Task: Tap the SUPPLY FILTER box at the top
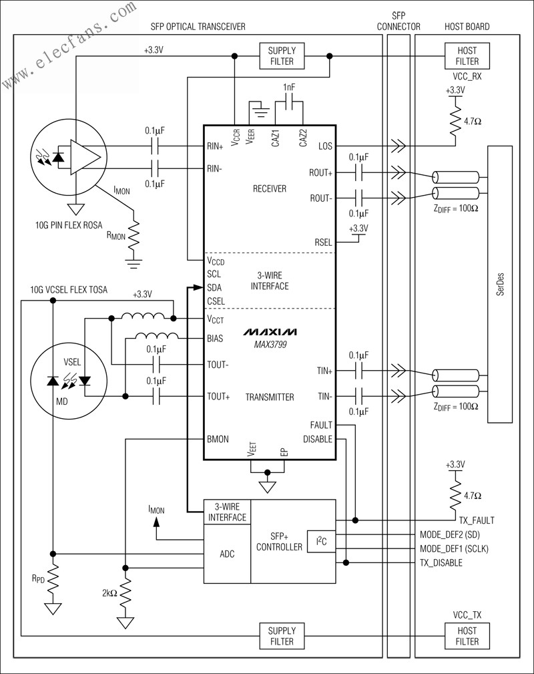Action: click(282, 56)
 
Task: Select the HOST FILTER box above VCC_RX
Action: click(467, 56)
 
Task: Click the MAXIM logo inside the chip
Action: click(270, 332)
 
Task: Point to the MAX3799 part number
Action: click(270, 344)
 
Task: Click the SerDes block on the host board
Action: click(500, 284)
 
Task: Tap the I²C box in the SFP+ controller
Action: click(321, 542)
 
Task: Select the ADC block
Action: click(227, 554)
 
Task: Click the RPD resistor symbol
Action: click(53, 579)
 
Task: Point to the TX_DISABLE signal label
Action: click(441, 562)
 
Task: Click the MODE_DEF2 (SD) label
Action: click(449, 535)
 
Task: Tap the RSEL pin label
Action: click(323, 242)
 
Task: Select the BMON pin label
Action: click(218, 440)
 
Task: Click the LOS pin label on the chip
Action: click(325, 146)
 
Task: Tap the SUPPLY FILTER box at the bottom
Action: click(282, 636)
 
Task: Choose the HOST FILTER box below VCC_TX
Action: click(467, 636)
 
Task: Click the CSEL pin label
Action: click(216, 301)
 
